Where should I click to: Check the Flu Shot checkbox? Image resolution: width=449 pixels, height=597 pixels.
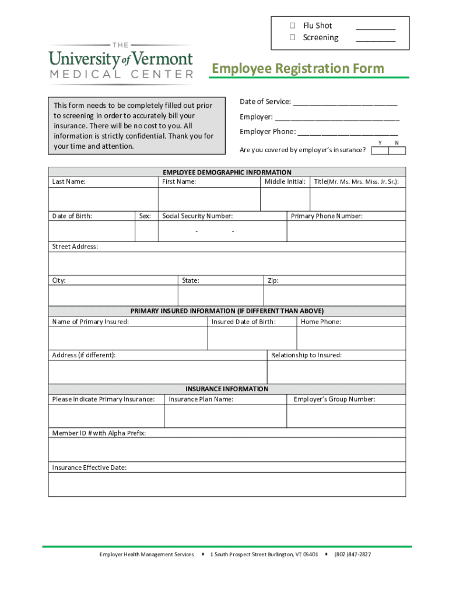293,26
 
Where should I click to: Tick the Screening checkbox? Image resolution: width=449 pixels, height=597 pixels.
293,38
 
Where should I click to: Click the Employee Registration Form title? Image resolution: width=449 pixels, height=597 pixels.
298,69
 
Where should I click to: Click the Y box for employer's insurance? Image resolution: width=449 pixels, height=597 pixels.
380,150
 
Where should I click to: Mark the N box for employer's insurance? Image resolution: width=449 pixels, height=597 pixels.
397,150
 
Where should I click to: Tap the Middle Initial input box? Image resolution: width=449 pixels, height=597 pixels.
285,199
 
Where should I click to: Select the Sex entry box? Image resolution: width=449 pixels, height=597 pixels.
146,231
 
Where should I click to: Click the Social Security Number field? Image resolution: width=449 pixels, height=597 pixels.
222,231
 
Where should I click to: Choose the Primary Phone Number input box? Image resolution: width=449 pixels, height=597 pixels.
346,231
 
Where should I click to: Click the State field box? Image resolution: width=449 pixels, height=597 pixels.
220,296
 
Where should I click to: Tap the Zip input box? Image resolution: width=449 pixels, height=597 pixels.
334,296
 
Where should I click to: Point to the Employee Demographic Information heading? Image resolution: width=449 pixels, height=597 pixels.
227,173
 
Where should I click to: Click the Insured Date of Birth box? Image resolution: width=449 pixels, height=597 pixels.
252,338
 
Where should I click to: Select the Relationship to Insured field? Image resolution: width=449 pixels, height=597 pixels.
336,372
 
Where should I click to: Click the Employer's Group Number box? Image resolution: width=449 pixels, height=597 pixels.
346,416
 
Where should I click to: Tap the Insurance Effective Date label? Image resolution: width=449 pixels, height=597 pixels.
89,468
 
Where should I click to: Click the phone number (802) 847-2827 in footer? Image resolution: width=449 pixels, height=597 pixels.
352,554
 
